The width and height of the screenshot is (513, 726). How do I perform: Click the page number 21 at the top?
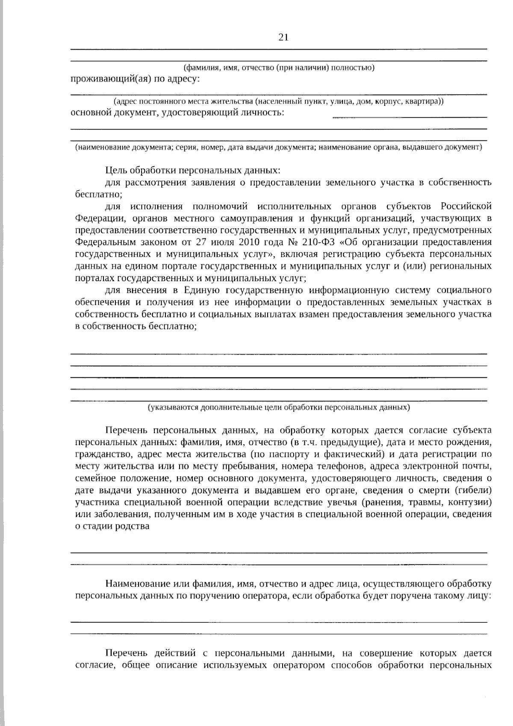pos(283,37)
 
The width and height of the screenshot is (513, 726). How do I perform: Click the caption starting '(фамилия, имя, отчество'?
pos(279,68)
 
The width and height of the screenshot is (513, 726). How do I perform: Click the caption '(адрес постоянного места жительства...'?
pos(278,102)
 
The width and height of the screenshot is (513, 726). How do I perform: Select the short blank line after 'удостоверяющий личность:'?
pos(410,116)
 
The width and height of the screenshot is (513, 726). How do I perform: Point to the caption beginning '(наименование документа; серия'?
pos(279,147)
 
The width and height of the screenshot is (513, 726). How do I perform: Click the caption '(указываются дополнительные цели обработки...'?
pos(279,407)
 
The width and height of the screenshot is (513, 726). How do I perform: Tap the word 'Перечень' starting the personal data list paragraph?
pos(127,430)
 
